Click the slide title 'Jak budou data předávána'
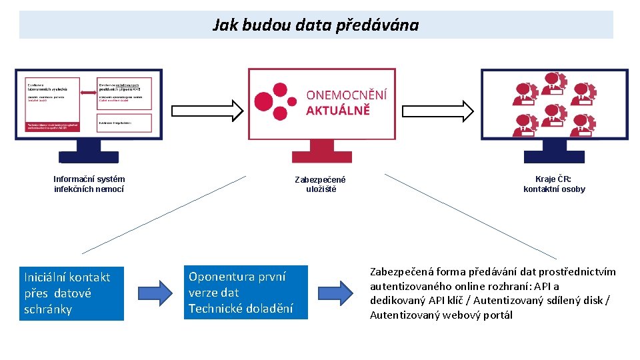click(315, 25)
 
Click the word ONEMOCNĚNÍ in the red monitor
click(346, 95)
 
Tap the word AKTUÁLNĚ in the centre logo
click(337, 110)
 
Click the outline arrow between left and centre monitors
click(206, 110)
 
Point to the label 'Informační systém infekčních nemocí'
click(89, 184)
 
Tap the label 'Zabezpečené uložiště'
click(321, 185)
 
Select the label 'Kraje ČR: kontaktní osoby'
click(554, 184)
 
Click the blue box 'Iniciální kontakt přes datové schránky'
click(71, 293)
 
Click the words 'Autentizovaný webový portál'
click(441, 315)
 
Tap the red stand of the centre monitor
click(321, 152)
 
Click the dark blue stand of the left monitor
click(89, 152)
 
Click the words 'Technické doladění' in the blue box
click(240, 308)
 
